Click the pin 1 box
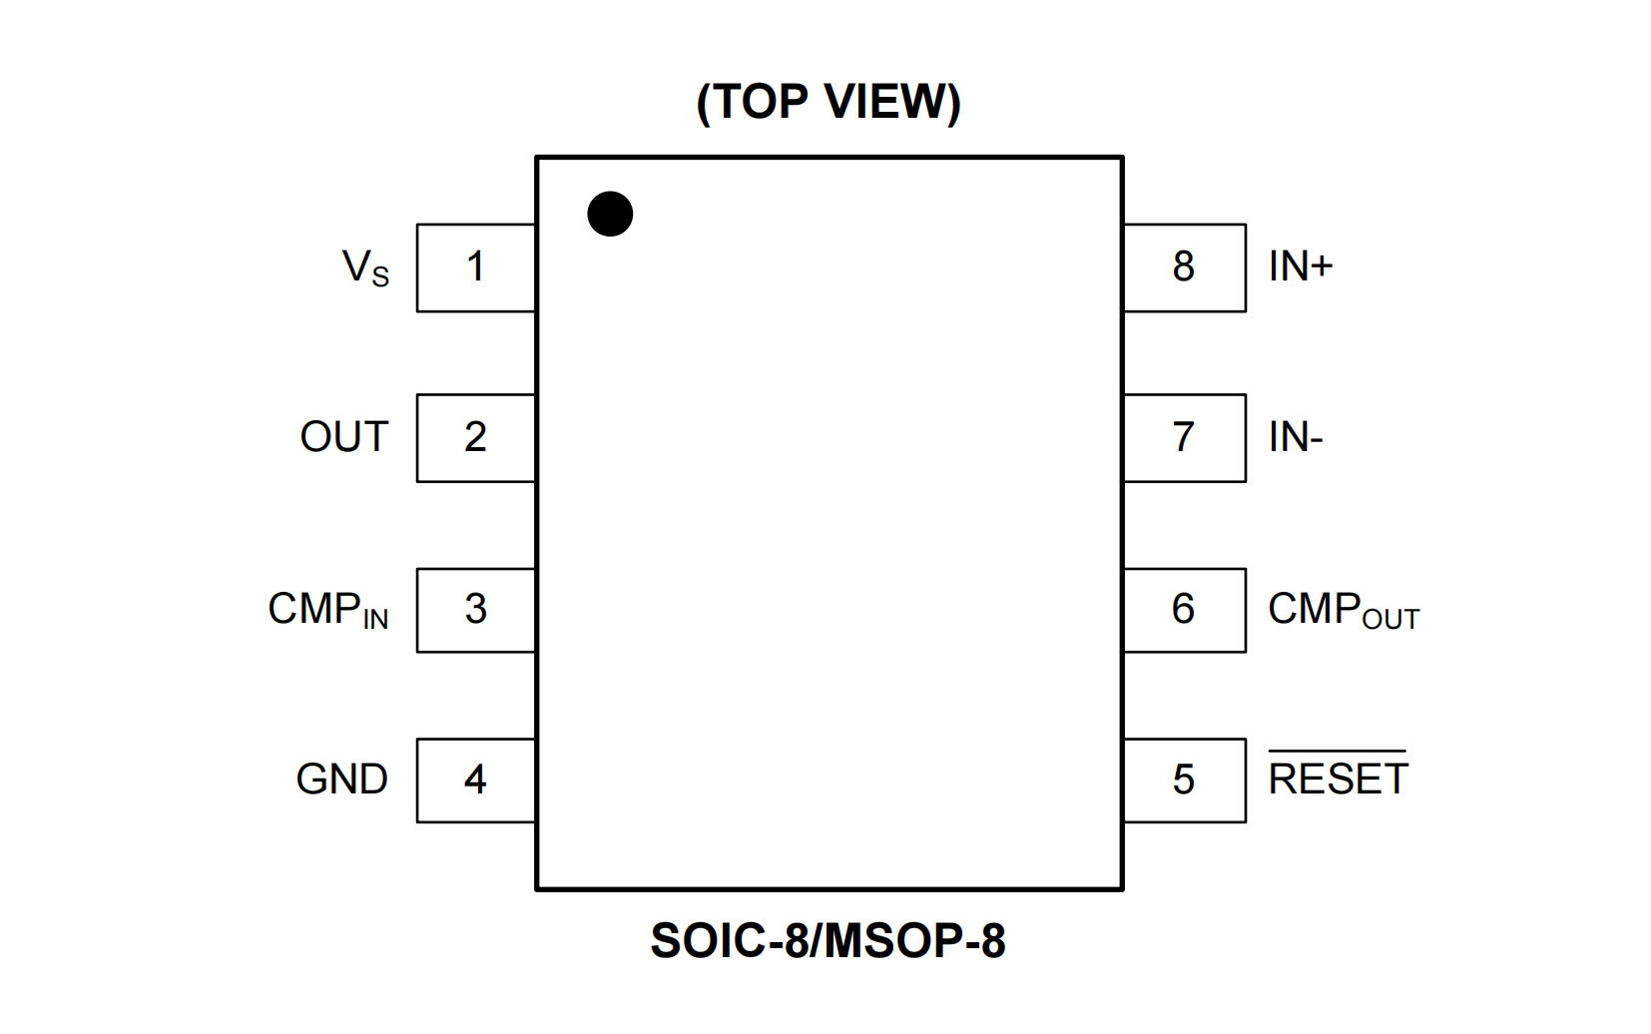(x=476, y=267)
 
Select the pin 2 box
(x=476, y=438)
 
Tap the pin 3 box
(x=476, y=610)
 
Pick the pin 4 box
(x=476, y=780)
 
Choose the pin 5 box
(x=1184, y=780)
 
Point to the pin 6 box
(x=1184, y=610)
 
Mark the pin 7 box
(x=1184, y=438)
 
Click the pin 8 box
(x=1184, y=267)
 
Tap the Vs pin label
(x=365, y=268)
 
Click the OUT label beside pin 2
(x=343, y=438)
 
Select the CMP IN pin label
(x=327, y=610)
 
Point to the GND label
(x=341, y=779)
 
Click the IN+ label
(x=1301, y=266)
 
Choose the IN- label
(x=1296, y=438)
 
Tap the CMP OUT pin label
(x=1343, y=610)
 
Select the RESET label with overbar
(x=1338, y=777)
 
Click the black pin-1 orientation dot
(x=610, y=214)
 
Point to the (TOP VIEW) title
(x=828, y=102)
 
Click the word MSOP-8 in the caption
(x=916, y=941)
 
